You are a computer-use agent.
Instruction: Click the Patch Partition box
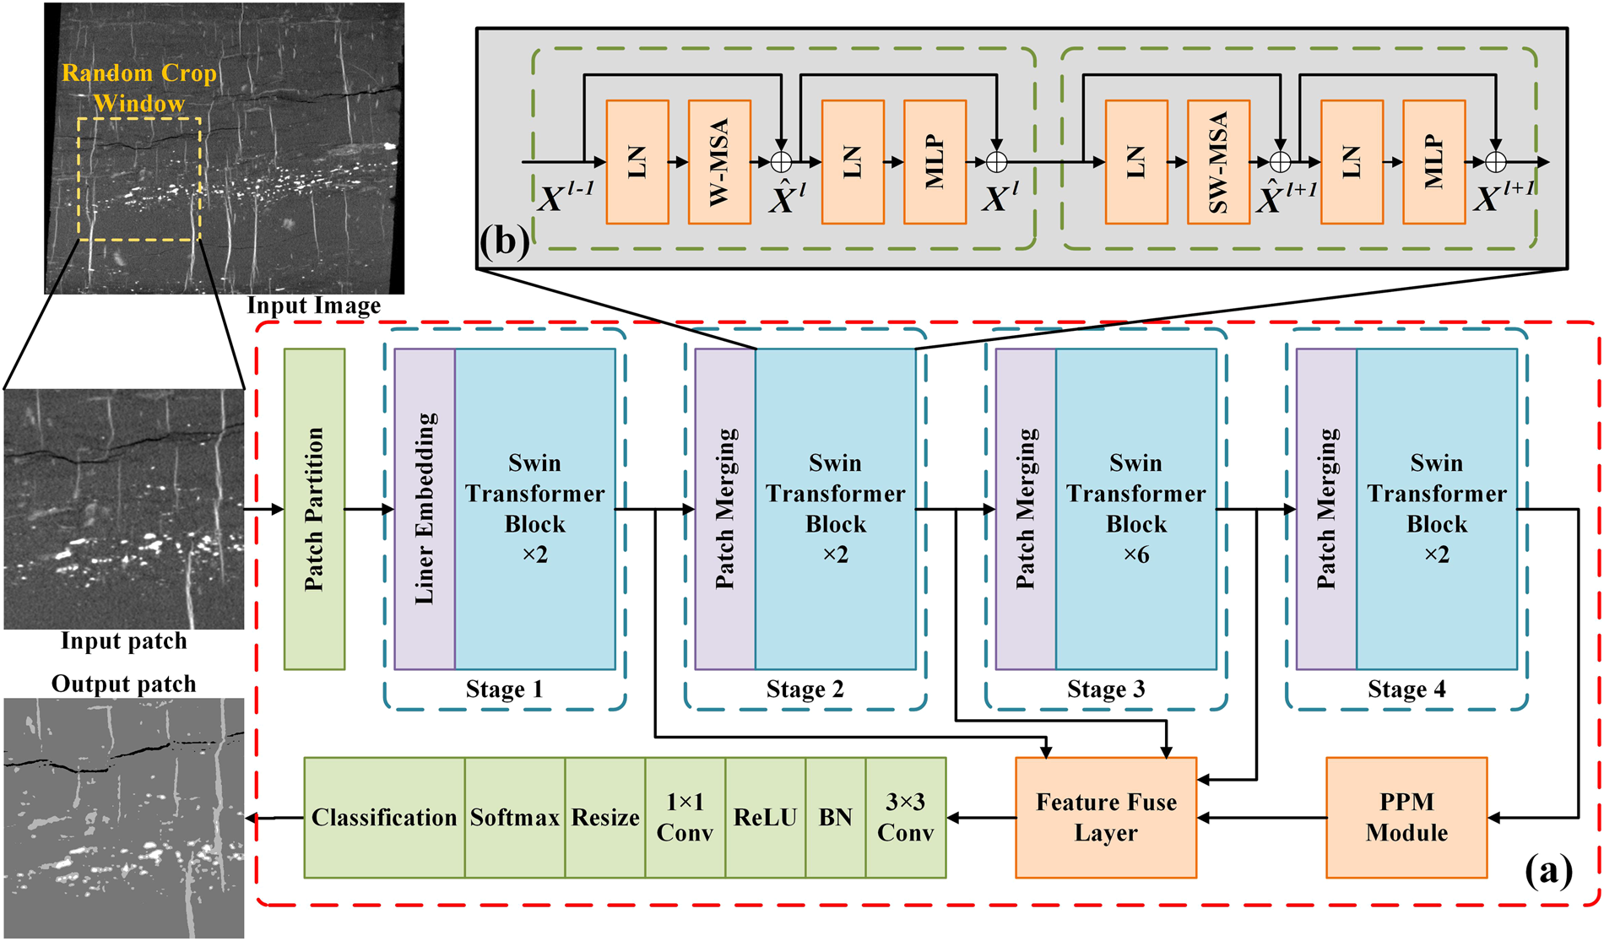pos(314,509)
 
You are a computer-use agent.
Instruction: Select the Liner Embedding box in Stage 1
pos(425,509)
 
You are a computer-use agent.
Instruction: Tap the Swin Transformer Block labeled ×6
pos(1135,509)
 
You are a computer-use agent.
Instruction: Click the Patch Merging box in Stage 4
pos(1326,509)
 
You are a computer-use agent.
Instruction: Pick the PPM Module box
pos(1406,817)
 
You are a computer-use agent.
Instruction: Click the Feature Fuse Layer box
pos(1106,817)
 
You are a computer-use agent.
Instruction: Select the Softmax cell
pos(514,817)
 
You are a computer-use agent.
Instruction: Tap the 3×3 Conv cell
pos(906,817)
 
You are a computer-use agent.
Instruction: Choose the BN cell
pos(836,817)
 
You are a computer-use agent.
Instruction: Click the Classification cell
pos(384,817)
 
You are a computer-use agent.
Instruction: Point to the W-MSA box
pos(719,162)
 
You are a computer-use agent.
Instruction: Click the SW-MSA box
pos(1218,162)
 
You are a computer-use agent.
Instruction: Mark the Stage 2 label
pos(805,690)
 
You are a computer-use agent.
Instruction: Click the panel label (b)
pos(504,241)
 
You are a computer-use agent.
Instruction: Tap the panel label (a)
pos(1548,870)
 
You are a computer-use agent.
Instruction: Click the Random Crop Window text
pos(139,88)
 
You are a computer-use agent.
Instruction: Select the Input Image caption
pos(313,306)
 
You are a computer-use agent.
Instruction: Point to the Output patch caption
pos(123,684)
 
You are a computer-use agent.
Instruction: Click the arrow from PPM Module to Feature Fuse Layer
pos(1261,817)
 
